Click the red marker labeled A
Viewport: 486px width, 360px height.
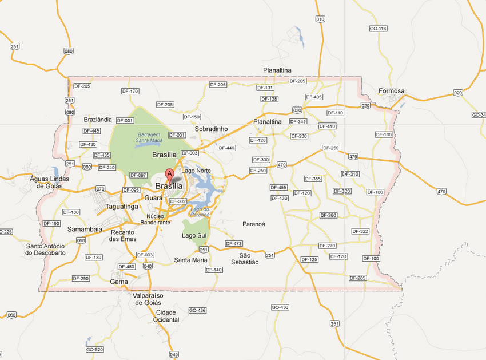(x=169, y=175)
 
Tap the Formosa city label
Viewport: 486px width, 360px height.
(x=391, y=91)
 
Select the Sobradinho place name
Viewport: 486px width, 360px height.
(x=211, y=129)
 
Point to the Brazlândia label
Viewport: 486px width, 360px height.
(x=98, y=120)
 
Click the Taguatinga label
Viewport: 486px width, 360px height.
(x=122, y=207)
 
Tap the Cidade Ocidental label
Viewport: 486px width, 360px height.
(x=167, y=316)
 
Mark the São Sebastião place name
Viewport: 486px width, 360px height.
(x=245, y=259)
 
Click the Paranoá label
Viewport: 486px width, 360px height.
(x=254, y=224)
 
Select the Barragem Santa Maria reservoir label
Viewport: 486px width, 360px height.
(x=149, y=137)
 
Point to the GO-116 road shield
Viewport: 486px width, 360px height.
(x=378, y=29)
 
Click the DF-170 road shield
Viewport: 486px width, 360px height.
(x=130, y=92)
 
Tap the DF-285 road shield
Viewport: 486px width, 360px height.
(x=357, y=278)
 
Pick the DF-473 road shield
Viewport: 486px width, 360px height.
(x=234, y=244)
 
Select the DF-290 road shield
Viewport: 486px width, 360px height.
(x=81, y=279)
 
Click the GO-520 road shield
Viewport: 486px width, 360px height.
(x=94, y=349)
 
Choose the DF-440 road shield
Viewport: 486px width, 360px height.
(x=226, y=148)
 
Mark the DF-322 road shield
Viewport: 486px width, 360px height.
(x=360, y=231)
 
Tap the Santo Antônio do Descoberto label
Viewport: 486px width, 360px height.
(x=46, y=250)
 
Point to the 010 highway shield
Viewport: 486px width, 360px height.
(x=320, y=19)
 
